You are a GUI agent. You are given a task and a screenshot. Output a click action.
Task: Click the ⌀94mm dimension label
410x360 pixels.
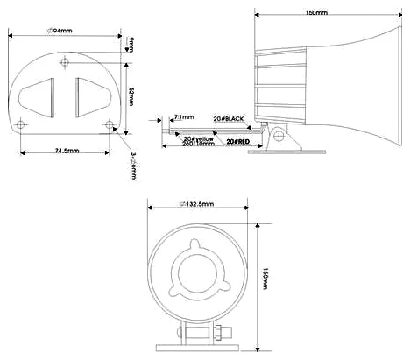(x=60, y=32)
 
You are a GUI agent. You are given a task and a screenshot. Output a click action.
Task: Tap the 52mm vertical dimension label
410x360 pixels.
(x=131, y=95)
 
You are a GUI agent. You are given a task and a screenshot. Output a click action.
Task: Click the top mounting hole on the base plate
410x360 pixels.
(x=67, y=62)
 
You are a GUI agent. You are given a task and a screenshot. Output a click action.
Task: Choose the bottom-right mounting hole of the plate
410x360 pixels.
(x=108, y=124)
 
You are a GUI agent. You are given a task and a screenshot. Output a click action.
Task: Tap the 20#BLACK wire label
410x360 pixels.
(x=230, y=117)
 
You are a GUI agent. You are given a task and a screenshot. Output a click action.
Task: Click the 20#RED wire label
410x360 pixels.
(x=239, y=140)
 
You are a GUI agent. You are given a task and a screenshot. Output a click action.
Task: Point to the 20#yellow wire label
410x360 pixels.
(x=198, y=138)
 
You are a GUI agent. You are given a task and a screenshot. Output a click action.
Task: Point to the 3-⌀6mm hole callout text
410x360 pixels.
(x=132, y=166)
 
